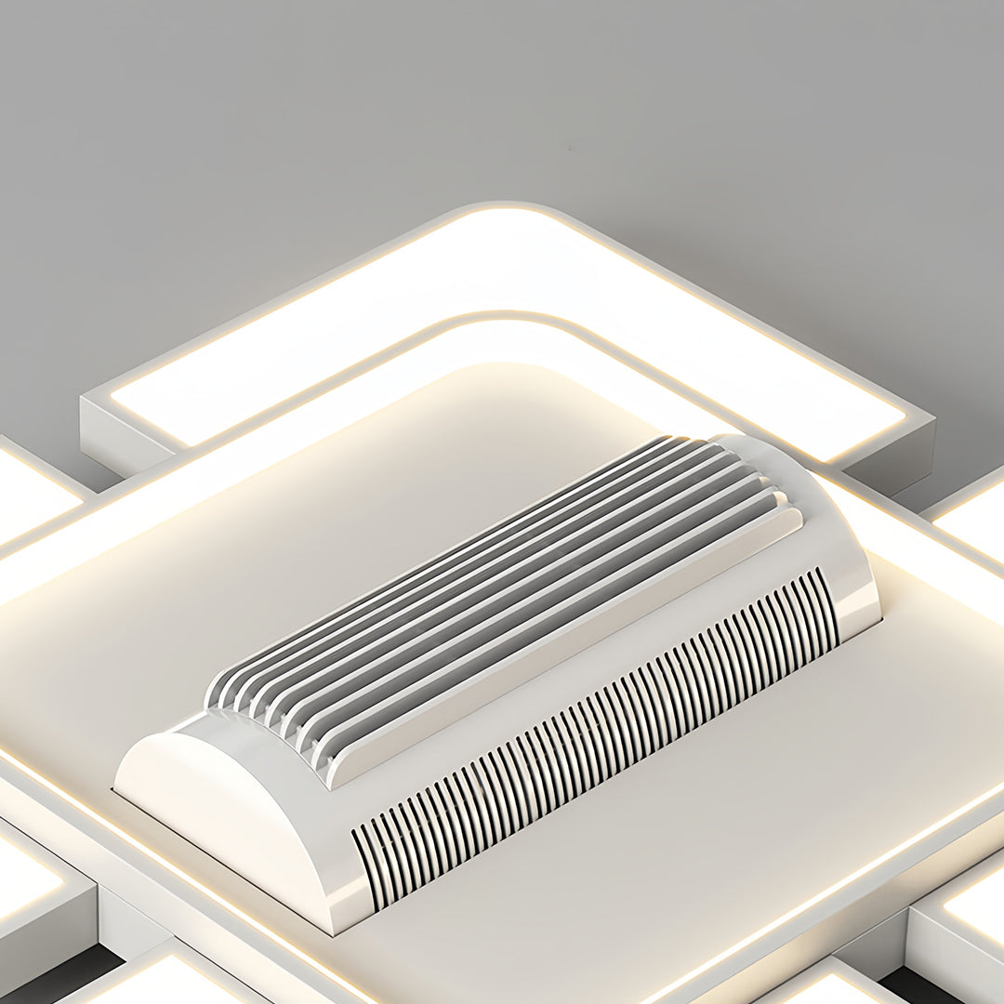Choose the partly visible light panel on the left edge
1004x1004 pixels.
coord(28,493)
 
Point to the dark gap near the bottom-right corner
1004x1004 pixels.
coord(911,985)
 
